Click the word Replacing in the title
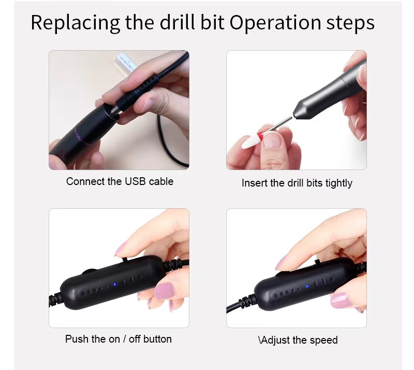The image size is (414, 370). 75,23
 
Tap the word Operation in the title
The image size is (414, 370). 275,23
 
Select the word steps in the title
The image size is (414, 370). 351,23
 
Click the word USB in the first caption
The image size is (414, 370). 136,181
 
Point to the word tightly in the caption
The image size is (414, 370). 339,183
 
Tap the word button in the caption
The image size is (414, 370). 157,339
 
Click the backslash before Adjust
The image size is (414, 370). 260,340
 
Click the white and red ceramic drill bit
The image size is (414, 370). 252,139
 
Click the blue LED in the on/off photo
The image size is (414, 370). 114,284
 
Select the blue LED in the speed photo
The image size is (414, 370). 307,286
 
